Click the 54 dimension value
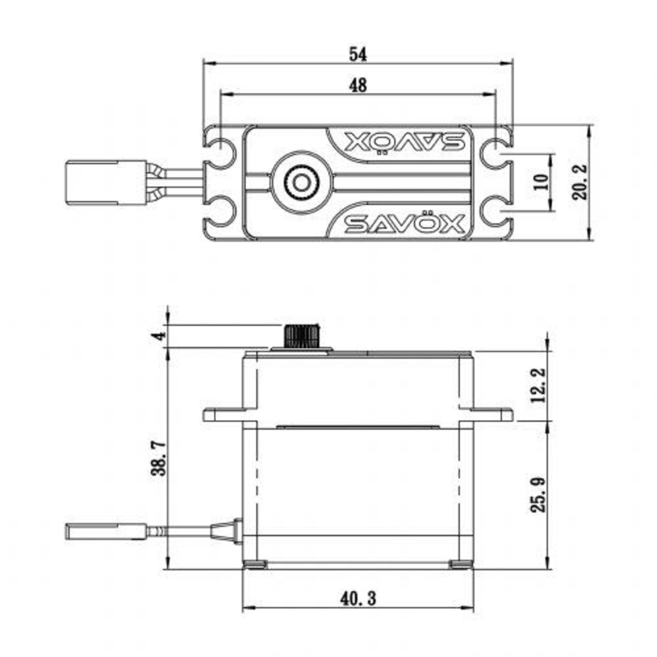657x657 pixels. pyautogui.click(x=358, y=55)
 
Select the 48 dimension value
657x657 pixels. pyautogui.click(x=358, y=86)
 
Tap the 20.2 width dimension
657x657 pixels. pyautogui.click(x=579, y=182)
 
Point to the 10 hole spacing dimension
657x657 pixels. pyautogui.click(x=541, y=182)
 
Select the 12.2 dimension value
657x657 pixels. pyautogui.click(x=539, y=385)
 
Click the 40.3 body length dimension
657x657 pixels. pyautogui.click(x=358, y=598)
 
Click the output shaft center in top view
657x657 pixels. pyautogui.click(x=301, y=183)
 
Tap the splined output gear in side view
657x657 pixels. pyautogui.click(x=302, y=336)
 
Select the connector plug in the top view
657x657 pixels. pyautogui.click(x=106, y=183)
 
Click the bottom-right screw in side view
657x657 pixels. pyautogui.click(x=461, y=564)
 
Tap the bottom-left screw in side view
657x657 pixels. pyautogui.click(x=255, y=564)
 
